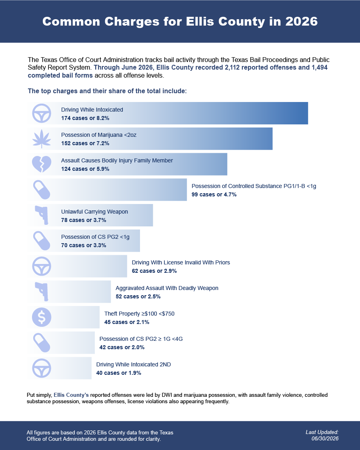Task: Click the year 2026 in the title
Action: pyautogui.click(x=302, y=22)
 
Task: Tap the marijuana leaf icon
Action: pyautogui.click(x=42, y=139)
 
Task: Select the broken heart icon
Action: pyautogui.click(x=42, y=164)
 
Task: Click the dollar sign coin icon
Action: pyautogui.click(x=42, y=317)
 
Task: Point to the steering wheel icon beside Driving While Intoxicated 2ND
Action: pyautogui.click(x=42, y=368)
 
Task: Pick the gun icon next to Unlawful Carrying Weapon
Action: pyautogui.click(x=42, y=215)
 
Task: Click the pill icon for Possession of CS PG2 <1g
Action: pyautogui.click(x=42, y=240)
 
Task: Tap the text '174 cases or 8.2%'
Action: pyautogui.click(x=85, y=118)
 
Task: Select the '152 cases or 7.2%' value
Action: pyautogui.click(x=85, y=143)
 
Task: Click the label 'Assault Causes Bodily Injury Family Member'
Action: pyautogui.click(x=117, y=160)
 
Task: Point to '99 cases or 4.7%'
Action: pyautogui.click(x=214, y=194)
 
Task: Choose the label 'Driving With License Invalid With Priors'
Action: pyautogui.click(x=181, y=262)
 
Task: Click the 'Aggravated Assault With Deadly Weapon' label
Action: pyautogui.click(x=167, y=288)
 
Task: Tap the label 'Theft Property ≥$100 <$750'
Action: pyautogui.click(x=139, y=313)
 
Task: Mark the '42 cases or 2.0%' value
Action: pyautogui.click(x=122, y=347)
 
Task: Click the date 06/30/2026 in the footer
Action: pyautogui.click(x=325, y=438)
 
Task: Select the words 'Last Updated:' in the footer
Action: pyautogui.click(x=322, y=432)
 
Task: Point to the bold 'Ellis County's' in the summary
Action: pyautogui.click(x=71, y=395)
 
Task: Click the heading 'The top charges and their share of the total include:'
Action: pyautogui.click(x=107, y=91)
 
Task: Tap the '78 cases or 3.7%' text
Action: pyautogui.click(x=84, y=220)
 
